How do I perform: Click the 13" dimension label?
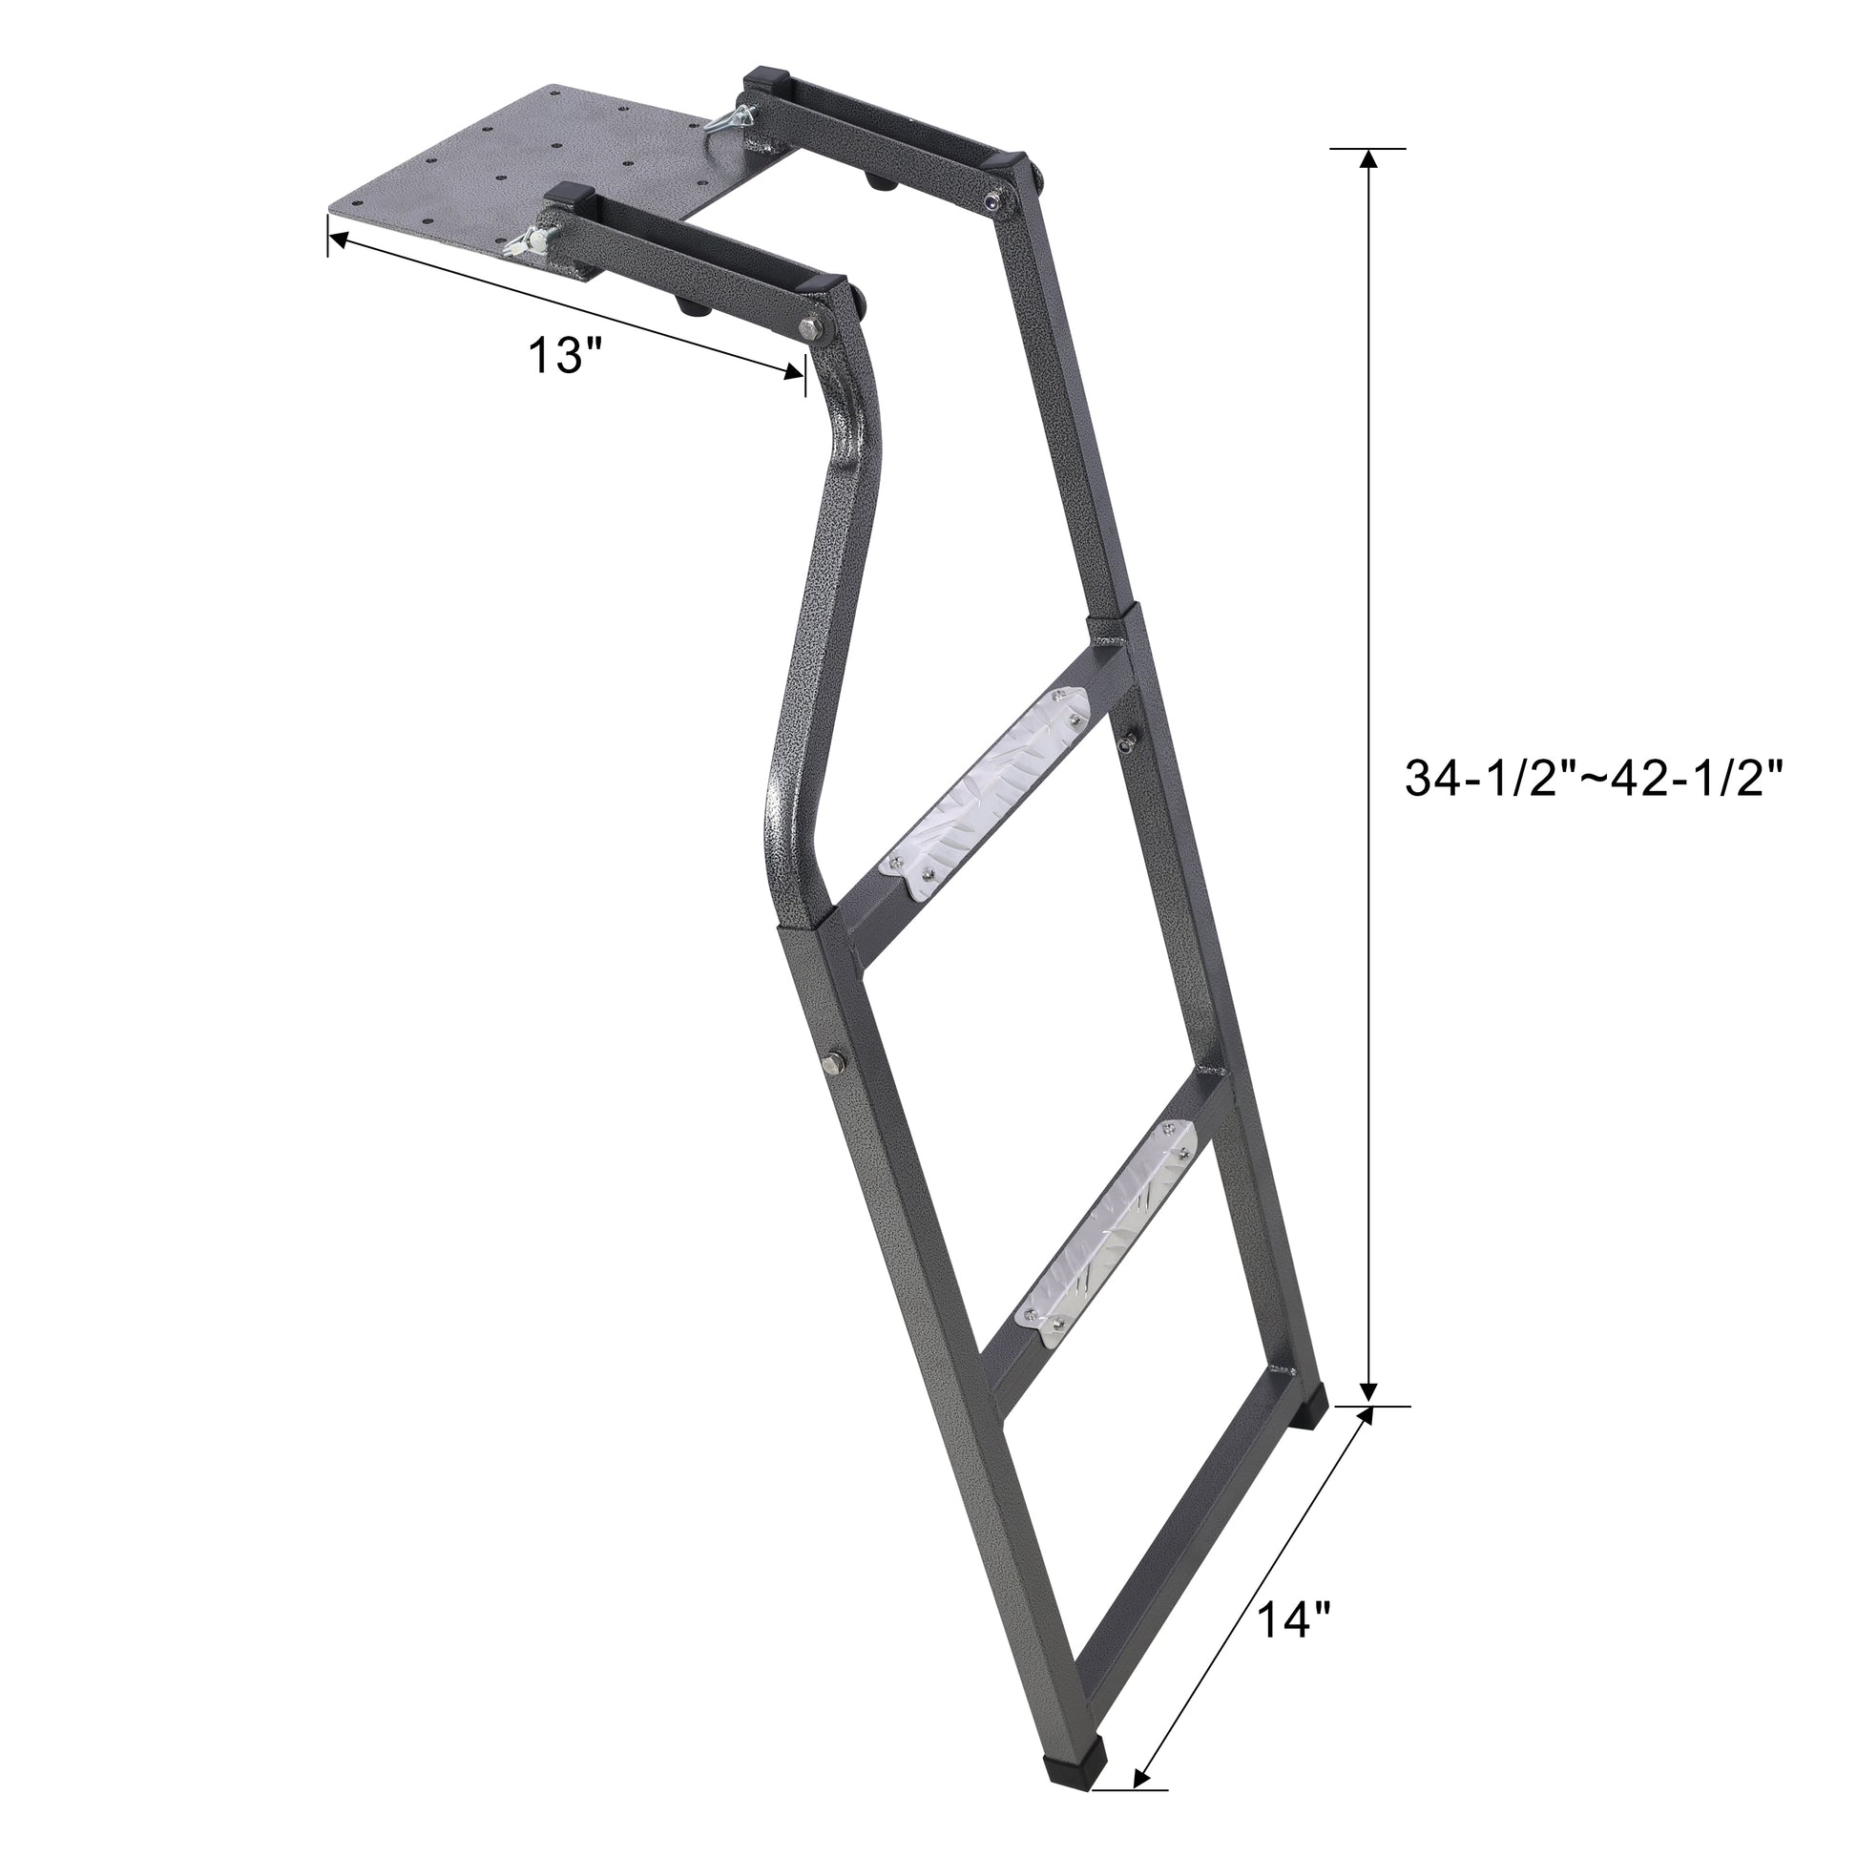565,357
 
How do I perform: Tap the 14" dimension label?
1293,1595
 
